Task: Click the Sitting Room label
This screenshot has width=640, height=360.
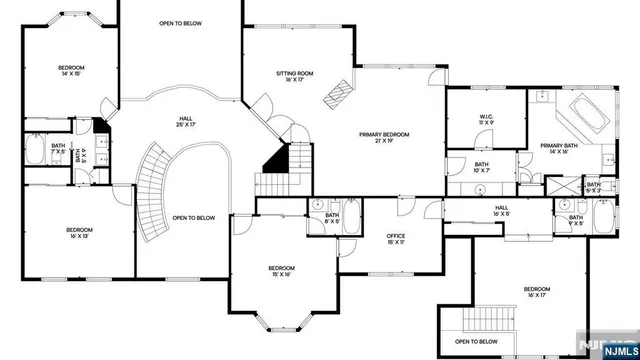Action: [295, 76]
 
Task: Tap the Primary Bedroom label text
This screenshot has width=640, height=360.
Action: [385, 137]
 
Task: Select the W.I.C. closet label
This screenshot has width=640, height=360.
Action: [485, 118]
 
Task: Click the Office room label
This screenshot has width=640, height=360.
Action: [396, 237]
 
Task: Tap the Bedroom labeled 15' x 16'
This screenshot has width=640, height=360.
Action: [281, 271]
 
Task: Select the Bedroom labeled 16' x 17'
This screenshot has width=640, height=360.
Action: [536, 292]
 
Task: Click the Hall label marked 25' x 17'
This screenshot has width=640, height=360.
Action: [186, 121]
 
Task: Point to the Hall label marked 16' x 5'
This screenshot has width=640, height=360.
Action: [502, 211]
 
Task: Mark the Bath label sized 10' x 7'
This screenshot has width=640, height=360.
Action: [481, 167]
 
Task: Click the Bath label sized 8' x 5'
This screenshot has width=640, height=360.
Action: [332, 217]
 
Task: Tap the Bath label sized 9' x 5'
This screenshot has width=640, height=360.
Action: [576, 220]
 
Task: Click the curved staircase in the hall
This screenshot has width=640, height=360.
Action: [150, 190]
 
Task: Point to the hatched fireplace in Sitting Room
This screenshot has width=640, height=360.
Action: [337, 93]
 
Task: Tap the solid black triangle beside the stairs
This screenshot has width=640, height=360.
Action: [275, 158]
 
